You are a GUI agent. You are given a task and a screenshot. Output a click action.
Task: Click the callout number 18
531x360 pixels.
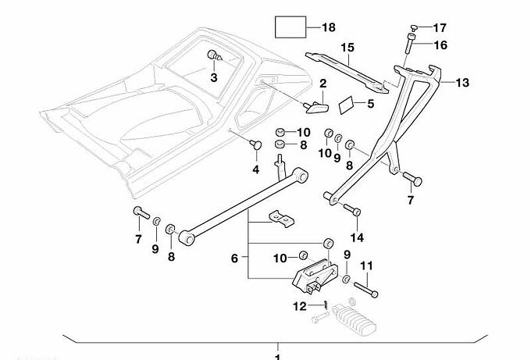(328, 28)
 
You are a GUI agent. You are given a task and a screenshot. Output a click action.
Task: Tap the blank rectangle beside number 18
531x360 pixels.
(289, 28)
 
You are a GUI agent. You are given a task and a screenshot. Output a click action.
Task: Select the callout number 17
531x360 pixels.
(440, 27)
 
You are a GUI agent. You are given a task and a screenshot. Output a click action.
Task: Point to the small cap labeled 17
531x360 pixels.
(413, 27)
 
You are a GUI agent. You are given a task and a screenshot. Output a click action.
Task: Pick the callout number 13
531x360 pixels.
(463, 82)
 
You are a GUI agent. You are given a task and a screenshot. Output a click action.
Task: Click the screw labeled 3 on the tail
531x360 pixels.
(213, 56)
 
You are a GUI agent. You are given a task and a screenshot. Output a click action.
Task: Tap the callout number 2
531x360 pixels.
(322, 83)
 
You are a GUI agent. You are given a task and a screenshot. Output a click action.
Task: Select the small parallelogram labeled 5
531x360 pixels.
(347, 103)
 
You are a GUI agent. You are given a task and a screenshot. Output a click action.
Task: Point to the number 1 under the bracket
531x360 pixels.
(276, 356)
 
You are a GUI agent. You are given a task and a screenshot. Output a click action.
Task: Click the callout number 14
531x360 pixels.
(358, 237)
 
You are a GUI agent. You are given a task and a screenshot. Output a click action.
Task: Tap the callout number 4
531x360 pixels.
(255, 169)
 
